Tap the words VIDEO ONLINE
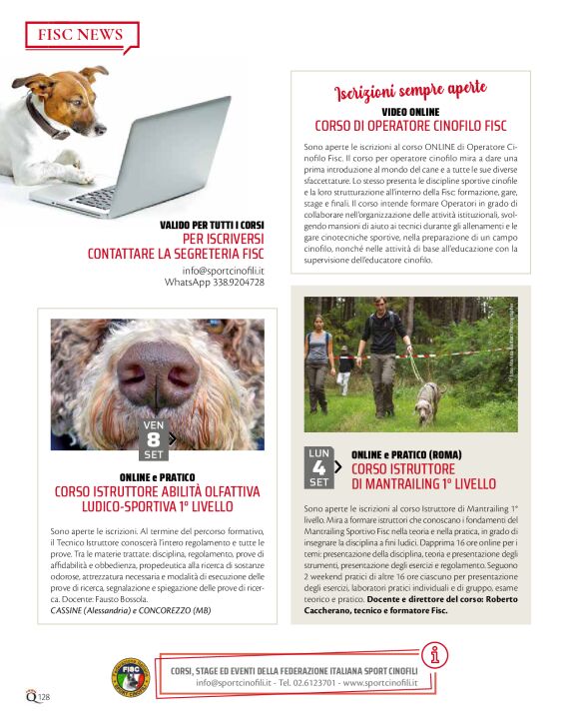pyautogui.click(x=410, y=112)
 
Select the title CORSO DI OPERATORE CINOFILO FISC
pyautogui.click(x=410, y=126)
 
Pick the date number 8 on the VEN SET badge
pyautogui.click(x=153, y=439)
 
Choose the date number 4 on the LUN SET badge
pyautogui.click(x=318, y=467)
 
